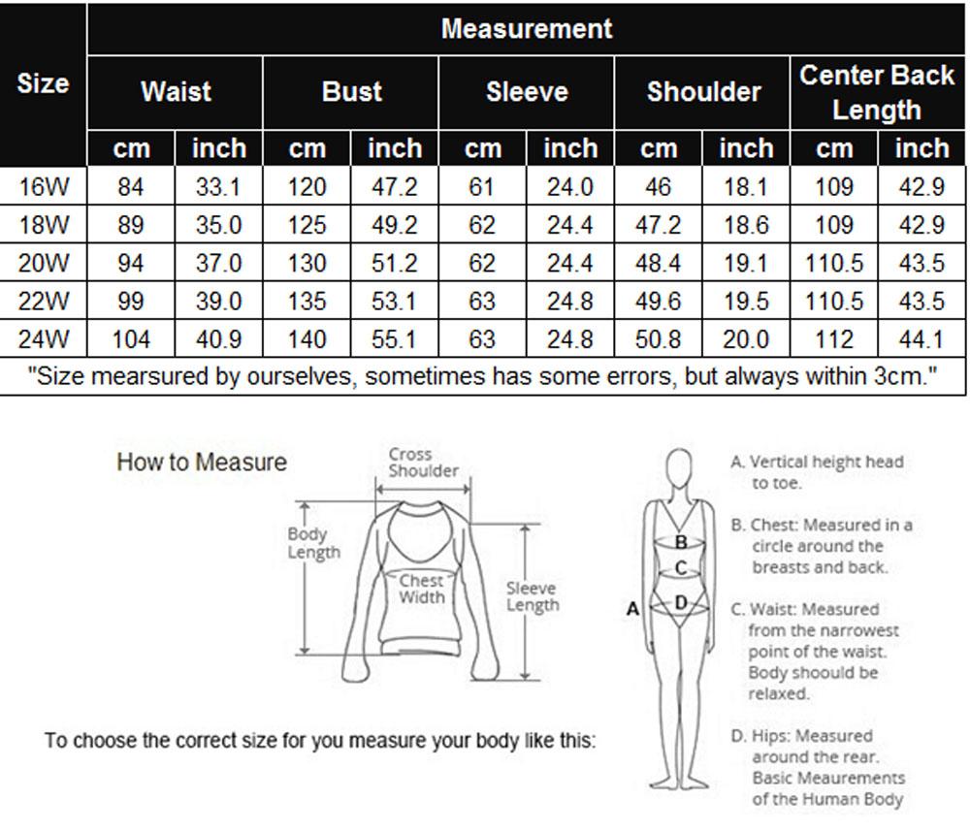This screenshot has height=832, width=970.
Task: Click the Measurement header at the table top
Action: click(x=527, y=28)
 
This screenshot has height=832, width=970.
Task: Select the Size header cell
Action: click(x=43, y=83)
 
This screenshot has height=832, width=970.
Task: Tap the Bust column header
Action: click(x=351, y=92)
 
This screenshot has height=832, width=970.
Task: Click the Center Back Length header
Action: click(x=877, y=92)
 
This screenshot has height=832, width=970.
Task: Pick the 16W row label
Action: click(x=44, y=187)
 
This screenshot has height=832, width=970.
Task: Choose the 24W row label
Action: click(x=44, y=340)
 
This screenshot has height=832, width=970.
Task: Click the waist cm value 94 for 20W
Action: click(x=131, y=264)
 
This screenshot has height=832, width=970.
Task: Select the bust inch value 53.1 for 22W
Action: click(x=395, y=302)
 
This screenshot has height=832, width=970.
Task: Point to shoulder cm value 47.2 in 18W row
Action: click(x=658, y=225)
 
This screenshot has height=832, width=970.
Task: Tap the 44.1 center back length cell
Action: click(x=921, y=340)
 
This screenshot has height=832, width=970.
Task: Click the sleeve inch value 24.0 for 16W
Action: click(x=570, y=187)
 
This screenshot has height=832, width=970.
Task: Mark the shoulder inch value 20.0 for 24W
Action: click(x=746, y=340)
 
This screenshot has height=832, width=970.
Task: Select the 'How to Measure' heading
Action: click(x=202, y=463)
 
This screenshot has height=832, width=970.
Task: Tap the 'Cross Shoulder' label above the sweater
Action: click(x=423, y=463)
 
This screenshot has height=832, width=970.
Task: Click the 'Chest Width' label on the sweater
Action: click(x=422, y=589)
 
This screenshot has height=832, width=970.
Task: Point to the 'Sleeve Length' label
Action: click(x=532, y=596)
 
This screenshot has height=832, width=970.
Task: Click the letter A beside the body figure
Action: click(x=633, y=609)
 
